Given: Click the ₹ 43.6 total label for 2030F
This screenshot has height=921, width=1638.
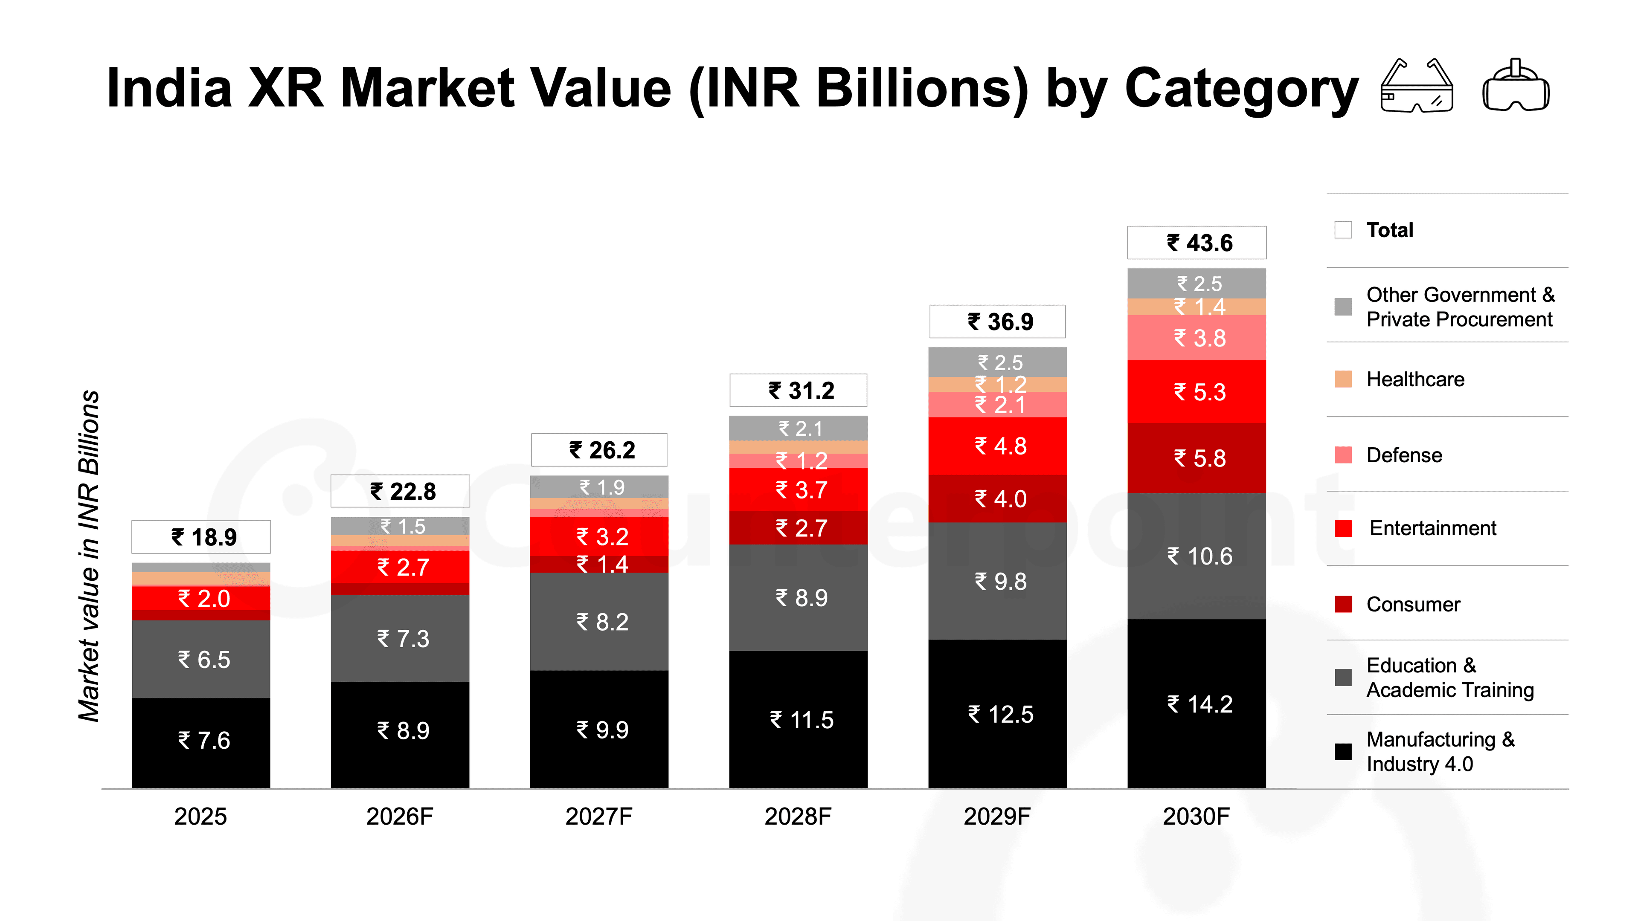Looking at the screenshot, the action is point(1196,242).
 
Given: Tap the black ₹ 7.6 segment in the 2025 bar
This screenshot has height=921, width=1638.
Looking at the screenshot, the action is point(201,742).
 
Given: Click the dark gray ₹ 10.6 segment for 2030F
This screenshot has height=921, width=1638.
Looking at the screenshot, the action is point(1196,556).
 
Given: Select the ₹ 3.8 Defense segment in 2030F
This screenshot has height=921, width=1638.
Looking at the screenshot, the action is point(1196,338).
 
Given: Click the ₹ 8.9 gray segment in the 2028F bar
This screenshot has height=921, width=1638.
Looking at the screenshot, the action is point(798,597).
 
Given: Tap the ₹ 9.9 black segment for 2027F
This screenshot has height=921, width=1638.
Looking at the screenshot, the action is point(599,730).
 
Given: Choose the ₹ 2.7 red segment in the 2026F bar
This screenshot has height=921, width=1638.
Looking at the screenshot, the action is point(400,567).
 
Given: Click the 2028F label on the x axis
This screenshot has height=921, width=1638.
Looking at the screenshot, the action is point(798,816).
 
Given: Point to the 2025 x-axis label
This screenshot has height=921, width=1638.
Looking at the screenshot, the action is point(201,816).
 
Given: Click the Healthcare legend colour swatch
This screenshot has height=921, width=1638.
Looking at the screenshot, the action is point(1343,379).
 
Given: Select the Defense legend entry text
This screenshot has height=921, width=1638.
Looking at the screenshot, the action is point(1404,455).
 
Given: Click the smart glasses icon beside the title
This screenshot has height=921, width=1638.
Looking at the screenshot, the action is point(1417,86).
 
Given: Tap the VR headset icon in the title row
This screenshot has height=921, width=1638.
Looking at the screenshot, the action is point(1516,86).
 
